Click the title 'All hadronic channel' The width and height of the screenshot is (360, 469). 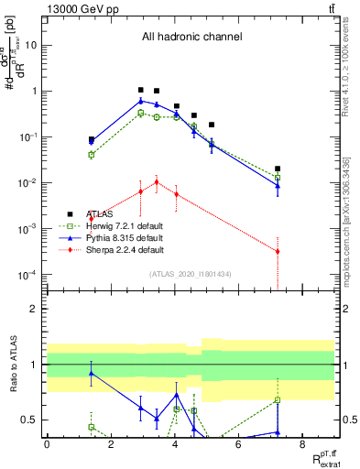click(x=191, y=37)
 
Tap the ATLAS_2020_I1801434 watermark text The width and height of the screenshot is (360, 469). click(x=191, y=274)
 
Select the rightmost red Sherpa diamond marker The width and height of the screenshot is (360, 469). click(x=278, y=251)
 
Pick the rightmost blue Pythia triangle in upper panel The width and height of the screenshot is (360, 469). click(x=278, y=186)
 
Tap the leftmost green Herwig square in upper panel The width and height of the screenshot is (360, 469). click(x=92, y=155)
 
